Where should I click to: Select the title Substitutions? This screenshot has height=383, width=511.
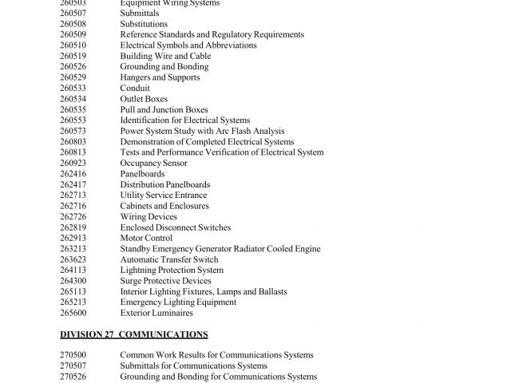click(144, 24)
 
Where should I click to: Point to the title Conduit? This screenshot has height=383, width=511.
click(134, 89)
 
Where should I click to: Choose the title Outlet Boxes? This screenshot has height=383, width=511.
click(144, 99)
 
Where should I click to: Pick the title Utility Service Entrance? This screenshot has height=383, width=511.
click(164, 195)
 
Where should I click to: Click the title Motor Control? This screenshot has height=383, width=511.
click(146, 238)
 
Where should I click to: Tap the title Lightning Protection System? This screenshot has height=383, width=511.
click(172, 270)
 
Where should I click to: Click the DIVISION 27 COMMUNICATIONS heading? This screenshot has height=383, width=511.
click(134, 334)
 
